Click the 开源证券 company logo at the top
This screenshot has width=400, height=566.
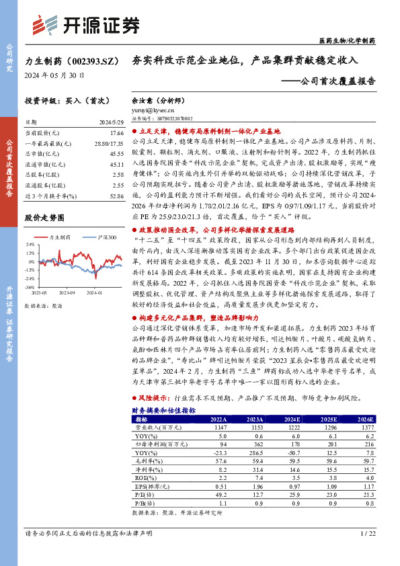coord(85,26)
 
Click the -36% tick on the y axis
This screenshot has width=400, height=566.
coord(30,286)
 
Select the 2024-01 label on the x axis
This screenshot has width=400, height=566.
coord(97,292)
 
